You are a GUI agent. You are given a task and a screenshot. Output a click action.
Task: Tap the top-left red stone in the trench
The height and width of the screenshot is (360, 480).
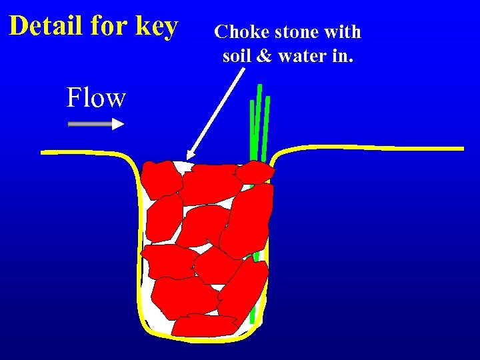click(162, 179)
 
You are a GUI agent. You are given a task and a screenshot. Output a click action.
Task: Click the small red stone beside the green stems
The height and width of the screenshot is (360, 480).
click(255, 173)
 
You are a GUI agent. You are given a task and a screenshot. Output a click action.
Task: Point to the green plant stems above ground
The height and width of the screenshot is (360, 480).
click(259, 120)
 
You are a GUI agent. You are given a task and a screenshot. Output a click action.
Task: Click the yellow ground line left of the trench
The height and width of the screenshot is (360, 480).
click(80, 153)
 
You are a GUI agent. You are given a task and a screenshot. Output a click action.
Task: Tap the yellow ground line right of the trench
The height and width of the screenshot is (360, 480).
click(373, 147)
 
